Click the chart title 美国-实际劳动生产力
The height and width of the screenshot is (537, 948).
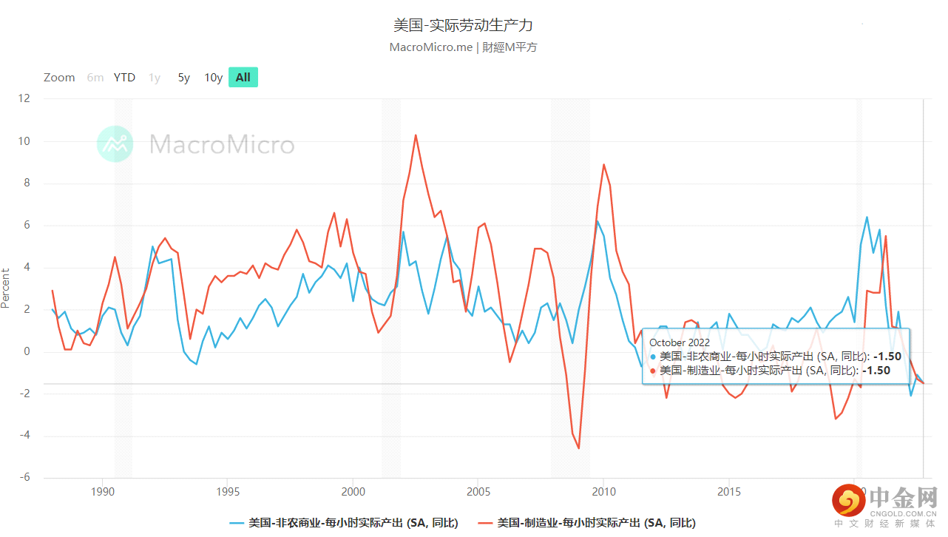click(x=463, y=25)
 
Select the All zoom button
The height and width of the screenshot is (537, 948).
click(x=243, y=78)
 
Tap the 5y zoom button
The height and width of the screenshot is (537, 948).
click(x=184, y=78)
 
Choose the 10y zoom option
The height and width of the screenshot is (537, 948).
click(x=213, y=78)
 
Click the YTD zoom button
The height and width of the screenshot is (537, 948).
click(x=124, y=78)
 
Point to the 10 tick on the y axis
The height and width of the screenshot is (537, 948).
click(x=24, y=141)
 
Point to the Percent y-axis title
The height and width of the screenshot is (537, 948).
click(x=6, y=288)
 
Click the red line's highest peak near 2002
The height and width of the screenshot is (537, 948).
click(x=416, y=135)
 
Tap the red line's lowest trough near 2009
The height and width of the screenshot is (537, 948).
click(x=578, y=447)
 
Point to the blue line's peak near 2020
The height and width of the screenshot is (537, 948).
click(x=867, y=217)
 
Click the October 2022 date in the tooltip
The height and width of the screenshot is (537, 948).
click(x=680, y=342)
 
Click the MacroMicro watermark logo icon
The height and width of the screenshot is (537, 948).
click(x=115, y=144)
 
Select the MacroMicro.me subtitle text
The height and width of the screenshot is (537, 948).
click(x=431, y=47)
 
